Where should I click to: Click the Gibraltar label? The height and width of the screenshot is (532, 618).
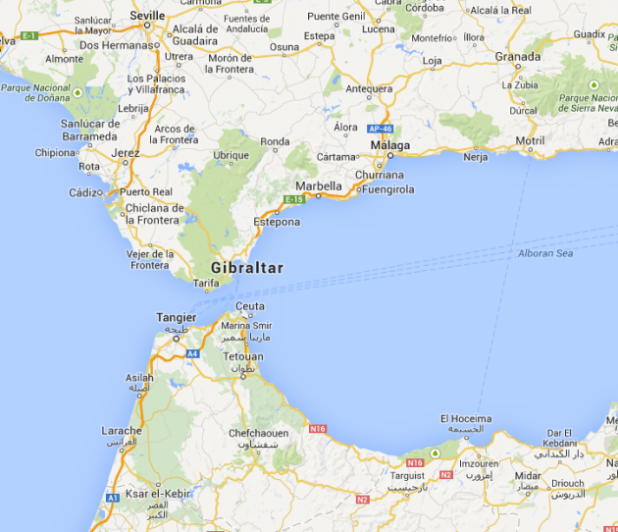(246, 268)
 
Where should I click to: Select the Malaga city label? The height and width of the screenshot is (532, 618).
(389, 146)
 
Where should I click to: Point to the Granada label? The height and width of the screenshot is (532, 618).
(518, 56)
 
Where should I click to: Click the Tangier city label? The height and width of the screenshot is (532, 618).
(177, 317)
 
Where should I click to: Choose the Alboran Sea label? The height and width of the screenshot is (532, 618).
(544, 253)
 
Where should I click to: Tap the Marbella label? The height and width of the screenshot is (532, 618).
(319, 186)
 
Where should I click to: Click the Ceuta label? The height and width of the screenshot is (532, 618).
(250, 306)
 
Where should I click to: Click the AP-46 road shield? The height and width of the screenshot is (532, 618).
(380, 129)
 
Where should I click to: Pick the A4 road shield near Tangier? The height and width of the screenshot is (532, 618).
(192, 352)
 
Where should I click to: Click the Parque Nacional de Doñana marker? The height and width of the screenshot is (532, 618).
(77, 93)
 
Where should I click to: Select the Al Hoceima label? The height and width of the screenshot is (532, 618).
(466, 419)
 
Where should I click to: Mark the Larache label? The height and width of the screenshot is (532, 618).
(121, 430)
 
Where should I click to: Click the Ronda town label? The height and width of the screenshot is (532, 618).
(275, 142)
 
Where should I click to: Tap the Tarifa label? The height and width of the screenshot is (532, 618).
(206, 283)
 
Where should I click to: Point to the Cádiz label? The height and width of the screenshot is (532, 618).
(84, 192)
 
